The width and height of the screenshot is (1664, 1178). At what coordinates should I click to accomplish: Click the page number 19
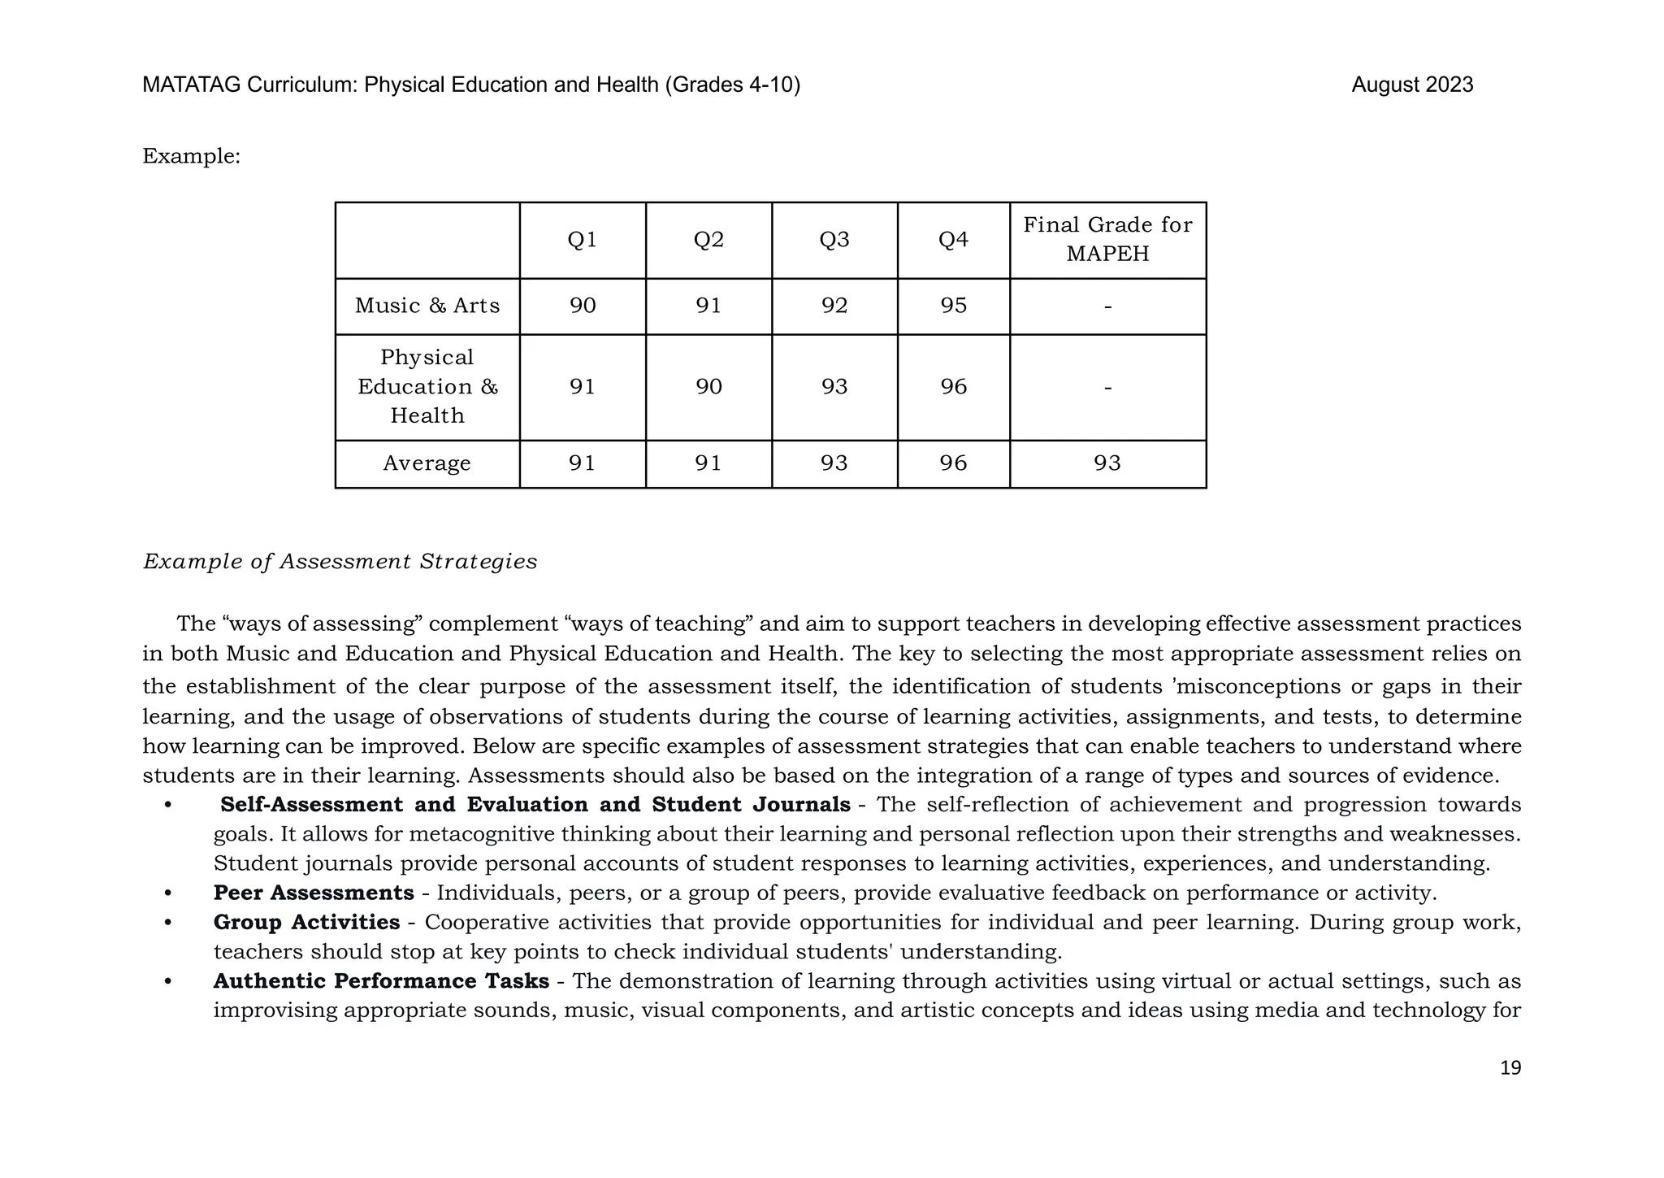(1510, 1067)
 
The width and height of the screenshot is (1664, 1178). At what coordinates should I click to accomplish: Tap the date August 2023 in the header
(1411, 85)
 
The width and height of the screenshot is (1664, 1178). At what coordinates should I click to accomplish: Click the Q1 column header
(583, 240)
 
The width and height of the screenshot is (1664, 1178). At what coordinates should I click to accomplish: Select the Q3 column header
(834, 240)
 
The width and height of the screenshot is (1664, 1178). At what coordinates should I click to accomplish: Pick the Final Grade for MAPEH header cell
(1107, 239)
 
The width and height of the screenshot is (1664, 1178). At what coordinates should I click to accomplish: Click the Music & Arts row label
(427, 306)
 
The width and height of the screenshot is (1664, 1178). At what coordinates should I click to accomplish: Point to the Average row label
(427, 463)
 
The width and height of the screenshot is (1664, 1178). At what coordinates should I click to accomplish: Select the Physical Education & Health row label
(427, 387)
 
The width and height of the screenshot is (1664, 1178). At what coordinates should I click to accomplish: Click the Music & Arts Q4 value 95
(954, 306)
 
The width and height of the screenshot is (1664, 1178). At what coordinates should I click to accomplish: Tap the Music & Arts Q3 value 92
(834, 306)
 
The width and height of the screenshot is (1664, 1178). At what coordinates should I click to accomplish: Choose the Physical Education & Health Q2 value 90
(708, 387)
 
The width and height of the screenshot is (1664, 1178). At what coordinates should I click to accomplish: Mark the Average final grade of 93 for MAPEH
(1107, 463)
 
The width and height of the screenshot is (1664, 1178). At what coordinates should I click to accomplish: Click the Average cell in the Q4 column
(954, 463)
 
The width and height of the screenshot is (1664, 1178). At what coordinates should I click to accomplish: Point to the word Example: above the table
(192, 156)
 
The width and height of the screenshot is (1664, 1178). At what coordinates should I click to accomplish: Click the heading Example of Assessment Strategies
(340, 562)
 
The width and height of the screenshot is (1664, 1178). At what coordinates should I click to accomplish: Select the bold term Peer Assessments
(314, 893)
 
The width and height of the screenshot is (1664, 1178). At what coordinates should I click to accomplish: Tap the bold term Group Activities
(306, 922)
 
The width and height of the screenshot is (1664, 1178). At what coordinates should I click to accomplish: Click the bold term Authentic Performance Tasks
(381, 981)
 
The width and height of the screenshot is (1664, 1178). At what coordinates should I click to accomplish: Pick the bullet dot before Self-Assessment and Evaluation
(168, 805)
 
